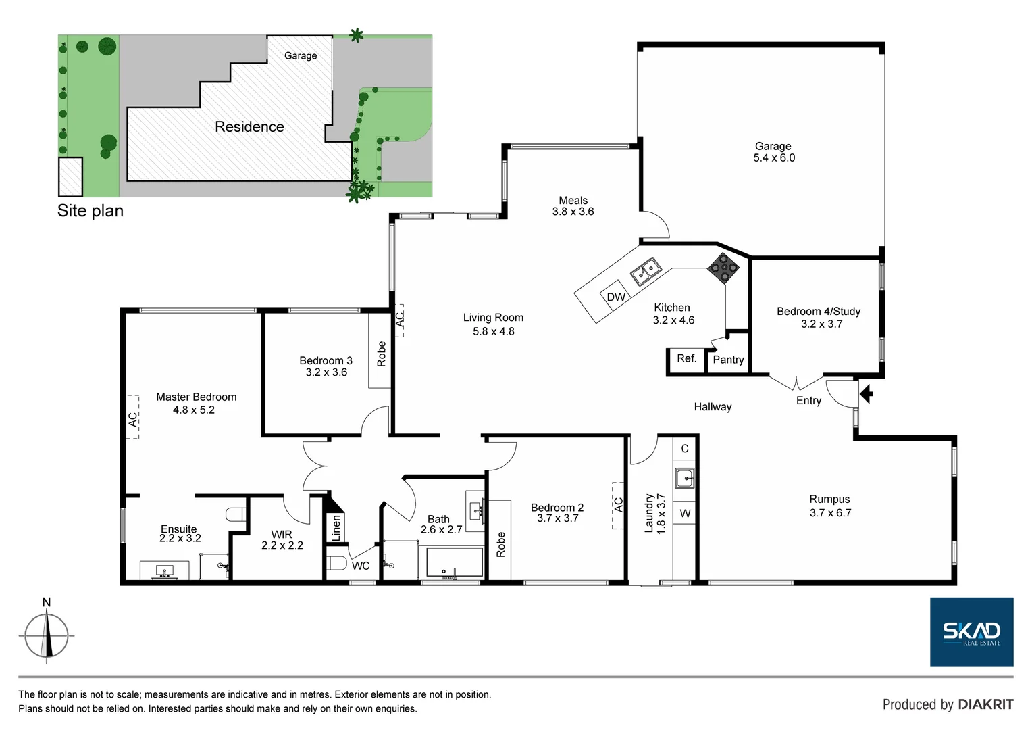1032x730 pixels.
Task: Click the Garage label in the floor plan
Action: coord(773,146)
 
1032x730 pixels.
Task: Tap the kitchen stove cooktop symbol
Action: coord(723,268)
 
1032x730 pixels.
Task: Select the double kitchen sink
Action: coord(646,270)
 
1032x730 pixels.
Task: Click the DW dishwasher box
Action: coord(615,297)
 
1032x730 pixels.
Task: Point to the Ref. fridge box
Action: coord(686,359)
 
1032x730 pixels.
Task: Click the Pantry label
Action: coord(728,360)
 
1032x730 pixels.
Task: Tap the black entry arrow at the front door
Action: coord(866,393)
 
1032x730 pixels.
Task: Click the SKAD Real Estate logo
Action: coord(971,632)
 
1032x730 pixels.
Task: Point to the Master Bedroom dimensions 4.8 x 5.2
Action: coord(194,410)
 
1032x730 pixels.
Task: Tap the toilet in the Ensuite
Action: coord(236,514)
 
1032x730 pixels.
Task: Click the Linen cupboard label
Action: coord(336,528)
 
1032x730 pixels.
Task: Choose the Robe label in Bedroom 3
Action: coord(381,354)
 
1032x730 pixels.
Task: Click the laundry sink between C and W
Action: coord(685,478)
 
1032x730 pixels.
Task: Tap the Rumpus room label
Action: coord(829,500)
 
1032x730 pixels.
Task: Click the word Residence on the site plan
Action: coord(249,127)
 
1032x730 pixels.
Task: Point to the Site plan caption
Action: coord(91,211)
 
